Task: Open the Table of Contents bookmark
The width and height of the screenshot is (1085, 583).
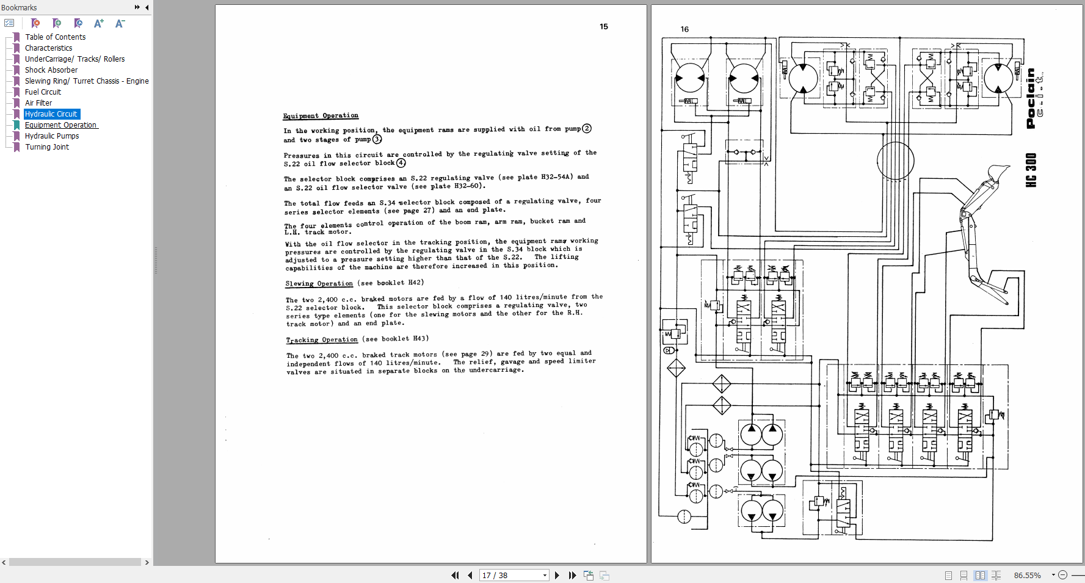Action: pyautogui.click(x=55, y=37)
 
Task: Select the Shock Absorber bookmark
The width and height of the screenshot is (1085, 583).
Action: pyautogui.click(x=51, y=70)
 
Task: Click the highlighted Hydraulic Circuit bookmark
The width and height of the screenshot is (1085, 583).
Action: pyautogui.click(x=51, y=114)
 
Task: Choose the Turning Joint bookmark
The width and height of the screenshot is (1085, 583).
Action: pyautogui.click(x=47, y=147)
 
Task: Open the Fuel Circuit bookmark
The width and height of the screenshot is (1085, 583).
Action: pyautogui.click(x=43, y=92)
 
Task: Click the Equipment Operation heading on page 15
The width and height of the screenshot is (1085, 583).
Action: pyautogui.click(x=321, y=115)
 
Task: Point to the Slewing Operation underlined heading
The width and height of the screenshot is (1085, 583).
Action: pyautogui.click(x=319, y=283)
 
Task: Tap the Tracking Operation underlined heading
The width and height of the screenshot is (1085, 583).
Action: pyautogui.click(x=322, y=339)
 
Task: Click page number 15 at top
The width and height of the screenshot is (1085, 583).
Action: pyautogui.click(x=603, y=27)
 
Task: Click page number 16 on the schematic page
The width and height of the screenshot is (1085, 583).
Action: pyautogui.click(x=684, y=29)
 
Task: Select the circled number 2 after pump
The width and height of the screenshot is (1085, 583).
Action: pyautogui.click(x=587, y=129)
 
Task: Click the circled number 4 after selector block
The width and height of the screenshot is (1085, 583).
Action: pyautogui.click(x=401, y=163)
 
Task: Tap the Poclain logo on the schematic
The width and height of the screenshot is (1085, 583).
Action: pyautogui.click(x=1031, y=98)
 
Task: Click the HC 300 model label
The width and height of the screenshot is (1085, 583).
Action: pyautogui.click(x=1031, y=170)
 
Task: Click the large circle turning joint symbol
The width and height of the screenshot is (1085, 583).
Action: pyautogui.click(x=895, y=161)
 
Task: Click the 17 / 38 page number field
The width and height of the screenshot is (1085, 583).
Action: pyautogui.click(x=511, y=575)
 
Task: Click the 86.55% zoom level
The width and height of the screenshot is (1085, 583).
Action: pyautogui.click(x=1028, y=575)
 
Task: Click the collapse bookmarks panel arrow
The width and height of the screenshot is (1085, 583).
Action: pyautogui.click(x=147, y=7)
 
